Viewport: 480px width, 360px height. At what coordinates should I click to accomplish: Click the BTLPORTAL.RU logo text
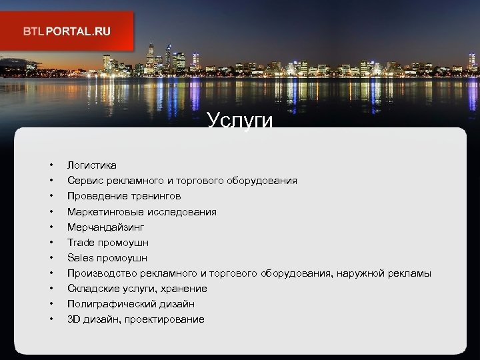click(67, 31)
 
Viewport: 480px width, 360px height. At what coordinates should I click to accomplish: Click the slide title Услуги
click(240, 121)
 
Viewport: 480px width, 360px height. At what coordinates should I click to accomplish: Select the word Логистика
click(92, 165)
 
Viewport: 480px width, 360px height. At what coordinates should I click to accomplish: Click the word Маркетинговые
click(104, 211)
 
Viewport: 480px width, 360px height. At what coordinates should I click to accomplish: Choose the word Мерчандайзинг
click(105, 227)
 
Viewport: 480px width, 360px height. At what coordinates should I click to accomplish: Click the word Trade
click(80, 242)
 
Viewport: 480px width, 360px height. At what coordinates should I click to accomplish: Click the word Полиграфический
click(111, 304)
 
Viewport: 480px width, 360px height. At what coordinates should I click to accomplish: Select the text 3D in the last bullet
click(73, 319)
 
